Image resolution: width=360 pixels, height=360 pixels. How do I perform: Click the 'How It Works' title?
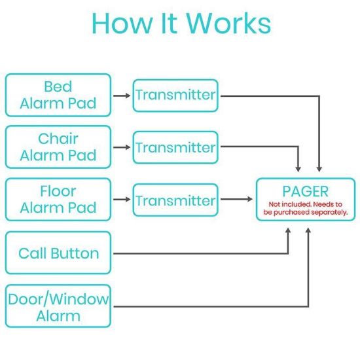(181, 23)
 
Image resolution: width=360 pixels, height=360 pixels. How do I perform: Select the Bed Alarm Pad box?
(58, 95)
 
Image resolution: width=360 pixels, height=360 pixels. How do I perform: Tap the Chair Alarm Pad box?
(58, 147)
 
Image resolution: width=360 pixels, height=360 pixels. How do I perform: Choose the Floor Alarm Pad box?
(58, 200)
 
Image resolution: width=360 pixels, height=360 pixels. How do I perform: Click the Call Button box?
(58, 253)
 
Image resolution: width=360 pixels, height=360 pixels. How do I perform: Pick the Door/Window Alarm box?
(58, 306)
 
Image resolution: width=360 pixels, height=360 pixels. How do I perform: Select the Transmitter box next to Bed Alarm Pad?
(175, 95)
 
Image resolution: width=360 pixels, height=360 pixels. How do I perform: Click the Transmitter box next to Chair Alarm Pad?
(175, 147)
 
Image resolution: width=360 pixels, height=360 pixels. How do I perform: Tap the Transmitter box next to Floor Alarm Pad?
(175, 200)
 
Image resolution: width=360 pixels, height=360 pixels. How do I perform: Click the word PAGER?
(305, 191)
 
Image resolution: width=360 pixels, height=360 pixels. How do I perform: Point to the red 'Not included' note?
(305, 209)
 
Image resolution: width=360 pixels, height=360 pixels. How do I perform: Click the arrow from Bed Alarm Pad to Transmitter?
(122, 95)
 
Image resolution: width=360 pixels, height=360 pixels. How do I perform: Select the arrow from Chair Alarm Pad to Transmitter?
(122, 147)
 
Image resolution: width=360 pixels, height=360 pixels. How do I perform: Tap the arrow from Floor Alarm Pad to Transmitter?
(122, 200)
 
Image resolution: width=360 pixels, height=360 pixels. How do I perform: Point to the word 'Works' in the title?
(228, 23)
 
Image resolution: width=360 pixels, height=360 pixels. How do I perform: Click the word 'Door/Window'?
(58, 299)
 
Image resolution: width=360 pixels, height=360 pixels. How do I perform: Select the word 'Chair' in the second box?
(58, 139)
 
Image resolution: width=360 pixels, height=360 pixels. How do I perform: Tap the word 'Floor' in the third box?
(58, 191)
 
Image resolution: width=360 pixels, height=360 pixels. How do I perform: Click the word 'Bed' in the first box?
(58, 86)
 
